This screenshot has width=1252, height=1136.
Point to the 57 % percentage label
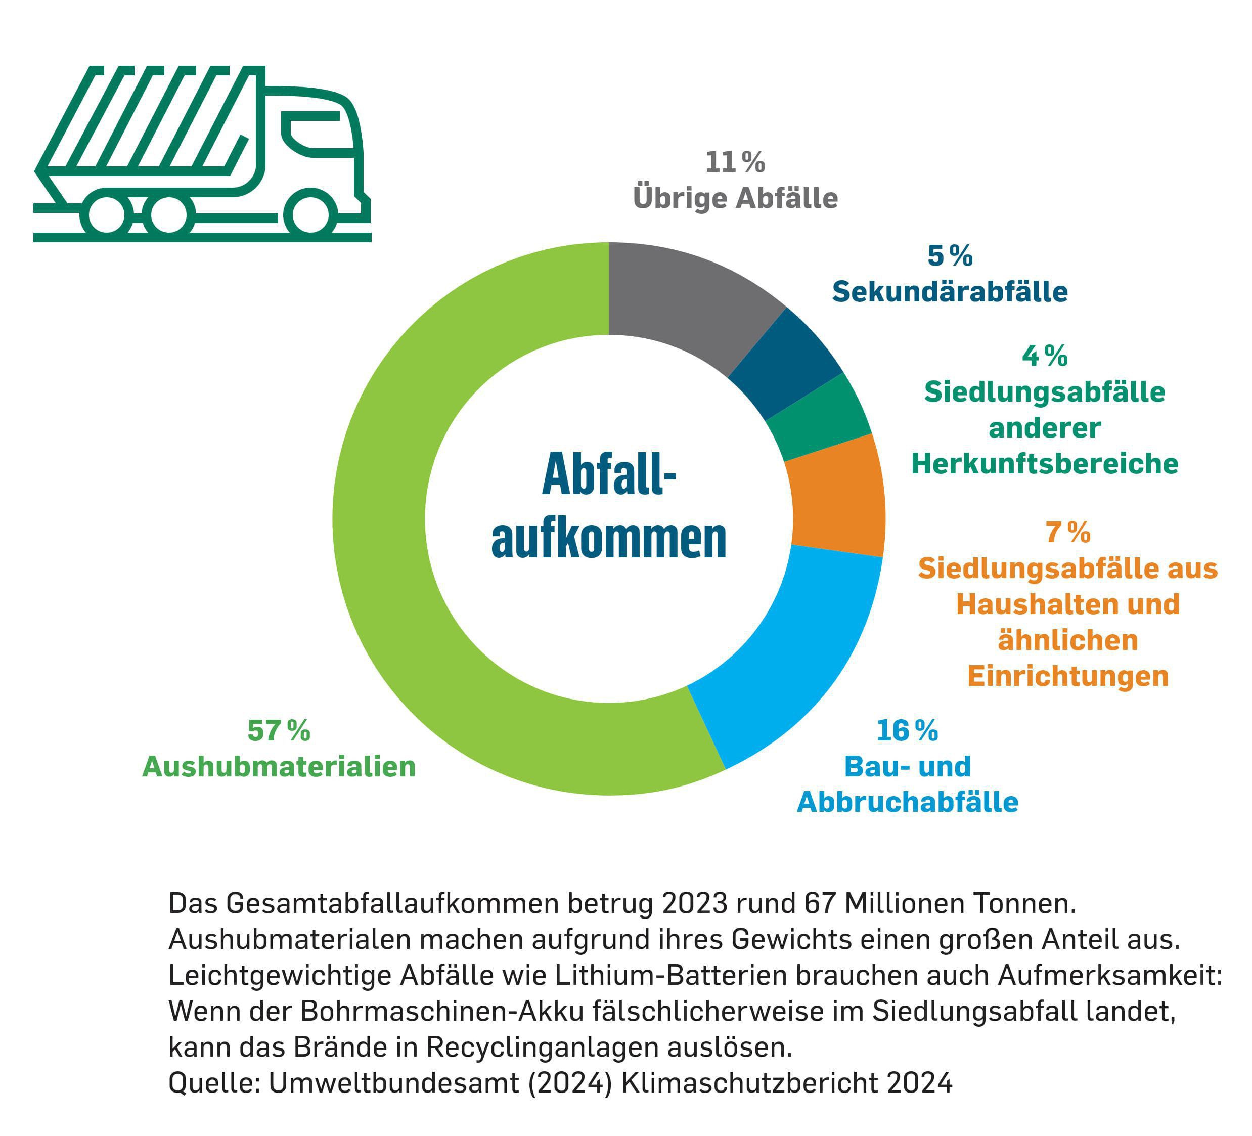click(278, 730)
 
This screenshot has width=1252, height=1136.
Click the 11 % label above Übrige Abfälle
click(735, 163)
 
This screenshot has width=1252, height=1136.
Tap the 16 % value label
click(907, 730)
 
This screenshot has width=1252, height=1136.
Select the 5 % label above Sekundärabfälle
click(950, 256)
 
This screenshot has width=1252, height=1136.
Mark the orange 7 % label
click(1067, 532)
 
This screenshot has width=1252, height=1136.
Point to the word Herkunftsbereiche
click(1045, 463)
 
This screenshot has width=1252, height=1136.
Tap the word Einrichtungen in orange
click(1067, 676)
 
